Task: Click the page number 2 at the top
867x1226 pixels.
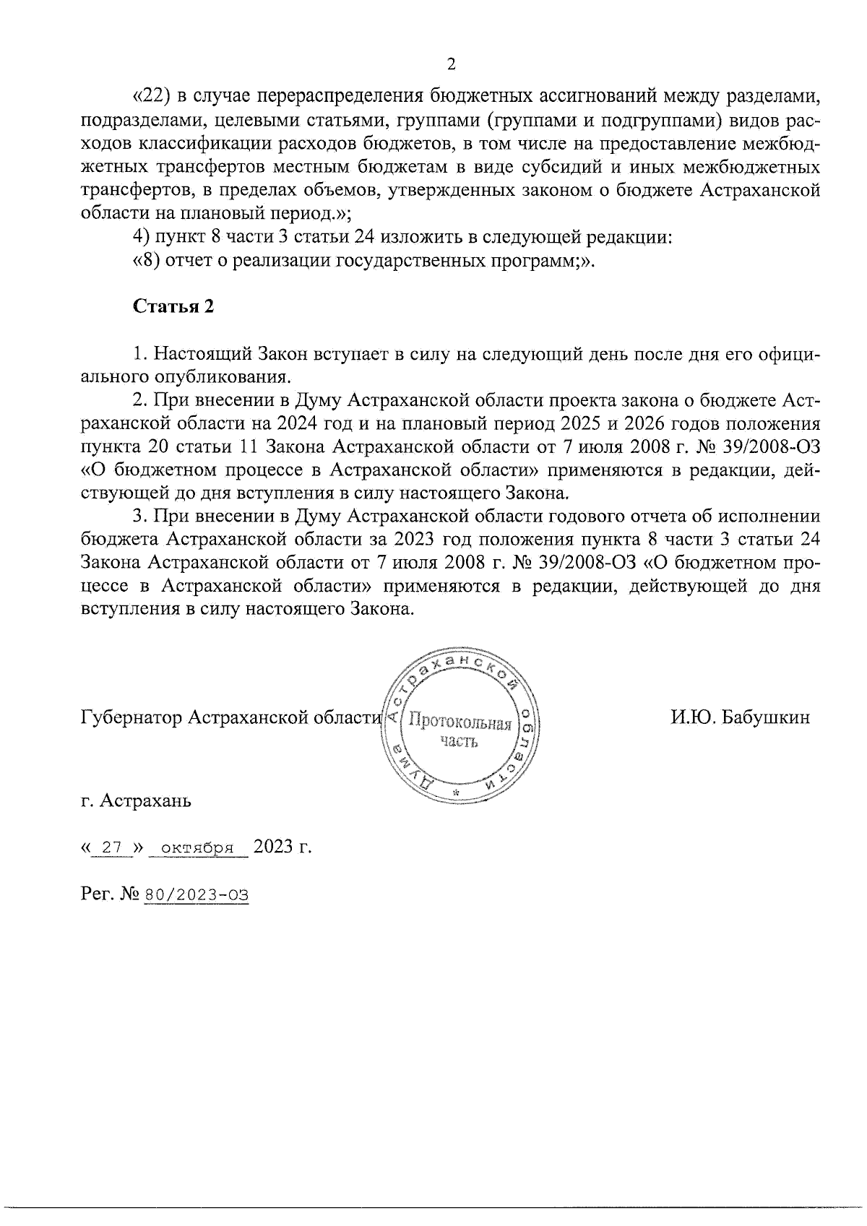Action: [x=452, y=65]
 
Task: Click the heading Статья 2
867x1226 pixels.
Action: [x=173, y=306]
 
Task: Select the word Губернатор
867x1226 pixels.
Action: [x=130, y=718]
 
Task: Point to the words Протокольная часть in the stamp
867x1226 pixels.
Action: [x=460, y=731]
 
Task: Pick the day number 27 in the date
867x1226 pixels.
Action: [x=112, y=847]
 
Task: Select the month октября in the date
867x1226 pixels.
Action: [x=197, y=847]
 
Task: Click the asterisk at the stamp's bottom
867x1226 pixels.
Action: [x=456, y=794]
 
